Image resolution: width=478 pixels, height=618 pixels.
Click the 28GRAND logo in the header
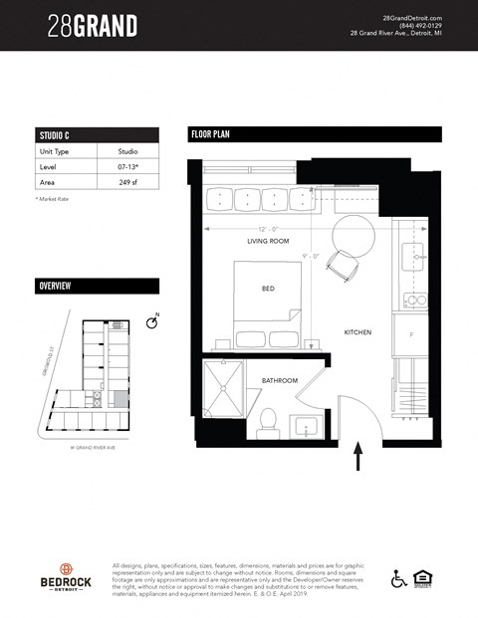tap(93, 27)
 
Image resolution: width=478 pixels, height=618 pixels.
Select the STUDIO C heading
tap(53, 135)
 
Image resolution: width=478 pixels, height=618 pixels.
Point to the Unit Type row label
tap(55, 151)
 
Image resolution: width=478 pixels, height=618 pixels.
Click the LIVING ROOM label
tap(268, 242)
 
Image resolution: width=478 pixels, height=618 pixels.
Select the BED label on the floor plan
tap(268, 289)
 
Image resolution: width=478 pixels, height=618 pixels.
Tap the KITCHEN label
tap(358, 332)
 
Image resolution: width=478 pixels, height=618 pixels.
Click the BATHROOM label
tap(281, 381)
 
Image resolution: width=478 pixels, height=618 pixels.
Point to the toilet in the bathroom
tap(268, 424)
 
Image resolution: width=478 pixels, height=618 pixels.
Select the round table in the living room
tap(350, 235)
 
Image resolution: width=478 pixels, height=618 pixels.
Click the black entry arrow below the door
tap(358, 459)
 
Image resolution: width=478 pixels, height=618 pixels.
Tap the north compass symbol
tap(152, 322)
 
